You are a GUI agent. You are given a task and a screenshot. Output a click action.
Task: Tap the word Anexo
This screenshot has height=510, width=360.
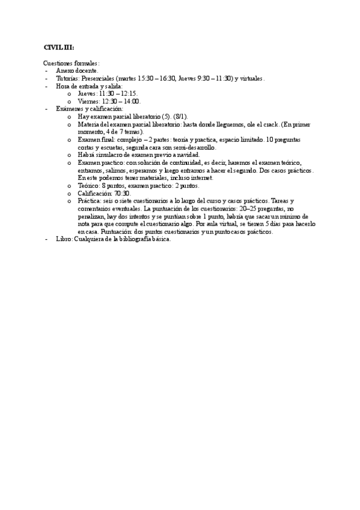pos(65,70)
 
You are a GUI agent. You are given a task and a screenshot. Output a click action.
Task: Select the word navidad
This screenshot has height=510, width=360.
pos(185,155)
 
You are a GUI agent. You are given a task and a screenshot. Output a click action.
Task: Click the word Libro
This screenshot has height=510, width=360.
pos(63,239)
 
